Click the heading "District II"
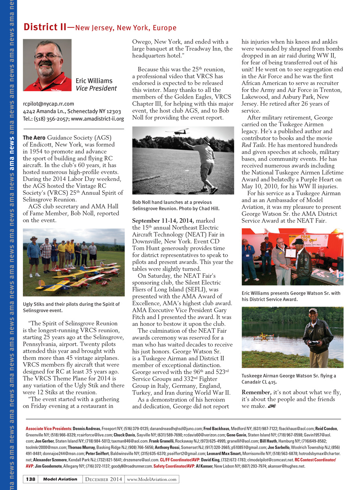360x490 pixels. point(45,27)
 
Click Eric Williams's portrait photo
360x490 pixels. point(47,65)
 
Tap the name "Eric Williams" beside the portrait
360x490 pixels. point(94,81)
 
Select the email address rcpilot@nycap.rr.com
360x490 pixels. point(49,104)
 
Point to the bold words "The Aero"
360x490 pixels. point(34,138)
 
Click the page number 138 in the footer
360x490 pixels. point(31,479)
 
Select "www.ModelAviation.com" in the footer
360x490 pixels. point(152,479)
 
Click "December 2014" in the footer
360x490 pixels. point(103,479)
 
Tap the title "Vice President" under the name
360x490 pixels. point(96,88)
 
